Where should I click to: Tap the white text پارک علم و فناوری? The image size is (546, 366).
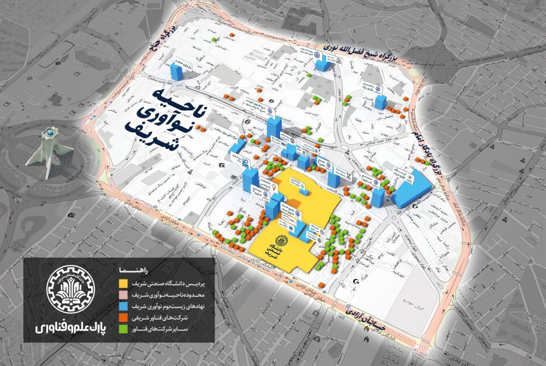tap(69, 327)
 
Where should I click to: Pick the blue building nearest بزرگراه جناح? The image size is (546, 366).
tap(176, 71)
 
